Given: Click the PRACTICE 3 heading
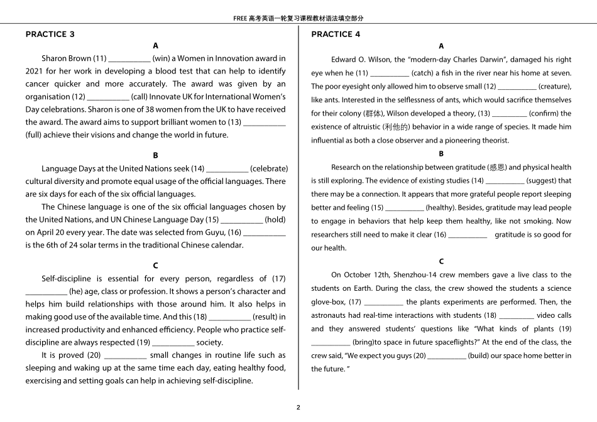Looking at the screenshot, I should [x=50, y=34].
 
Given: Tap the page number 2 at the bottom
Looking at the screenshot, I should [x=298, y=407].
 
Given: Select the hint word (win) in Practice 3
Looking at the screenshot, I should [x=162, y=58].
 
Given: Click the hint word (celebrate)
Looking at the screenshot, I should [x=269, y=168].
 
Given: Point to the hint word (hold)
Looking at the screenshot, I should [x=275, y=219].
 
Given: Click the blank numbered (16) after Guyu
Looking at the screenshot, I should [x=265, y=232].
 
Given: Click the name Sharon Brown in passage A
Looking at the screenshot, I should [x=66, y=58].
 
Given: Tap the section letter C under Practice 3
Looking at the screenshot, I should [x=155, y=266].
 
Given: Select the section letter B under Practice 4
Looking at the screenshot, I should [x=441, y=154].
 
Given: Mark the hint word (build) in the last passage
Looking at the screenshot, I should [x=481, y=356].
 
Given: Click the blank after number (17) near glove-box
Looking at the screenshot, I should [x=383, y=302].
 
